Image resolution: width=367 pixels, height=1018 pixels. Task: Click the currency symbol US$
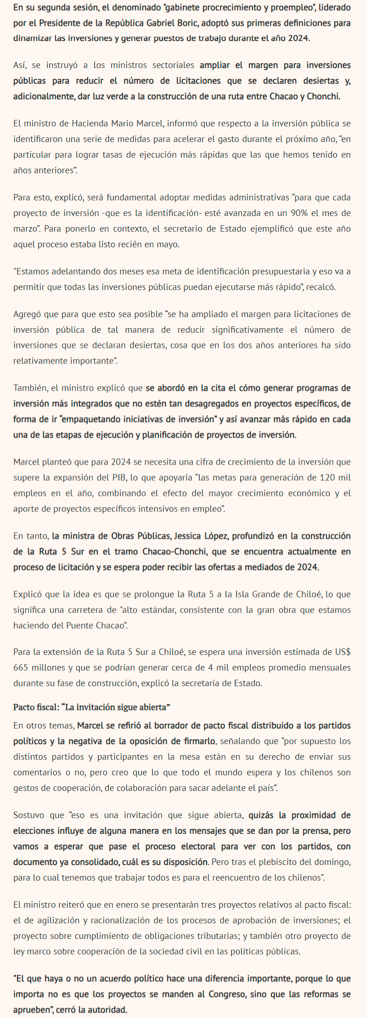pos(341,652)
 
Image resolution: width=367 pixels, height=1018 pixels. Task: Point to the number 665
pos(21,667)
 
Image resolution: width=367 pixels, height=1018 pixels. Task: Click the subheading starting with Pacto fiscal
pos(92,707)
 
